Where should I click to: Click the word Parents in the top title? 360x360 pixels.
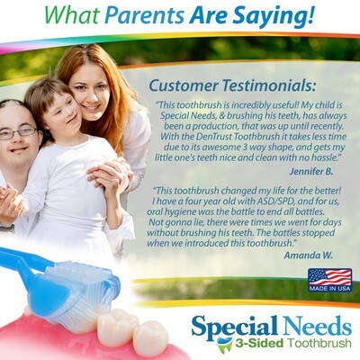[144, 14]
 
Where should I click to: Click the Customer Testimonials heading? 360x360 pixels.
[232, 85]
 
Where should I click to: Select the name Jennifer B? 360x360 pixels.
[311, 172]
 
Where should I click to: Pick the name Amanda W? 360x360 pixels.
[308, 256]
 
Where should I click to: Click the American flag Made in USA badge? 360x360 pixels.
[329, 280]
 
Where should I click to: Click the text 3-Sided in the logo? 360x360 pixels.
[259, 343]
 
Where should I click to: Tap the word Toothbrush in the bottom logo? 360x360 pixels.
[319, 343]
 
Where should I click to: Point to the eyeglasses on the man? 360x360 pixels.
[19, 133]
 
